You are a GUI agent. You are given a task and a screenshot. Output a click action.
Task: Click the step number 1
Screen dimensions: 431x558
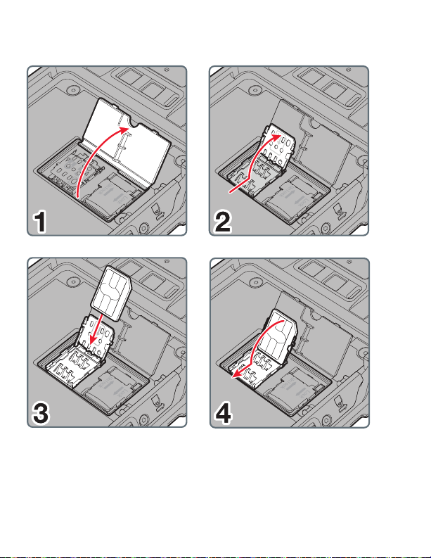point(40,222)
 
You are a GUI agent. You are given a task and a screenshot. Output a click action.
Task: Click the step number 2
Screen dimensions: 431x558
point(223,222)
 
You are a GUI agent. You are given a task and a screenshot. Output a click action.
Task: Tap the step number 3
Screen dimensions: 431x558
point(41,413)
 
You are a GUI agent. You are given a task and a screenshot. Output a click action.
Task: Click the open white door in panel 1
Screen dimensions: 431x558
point(127,141)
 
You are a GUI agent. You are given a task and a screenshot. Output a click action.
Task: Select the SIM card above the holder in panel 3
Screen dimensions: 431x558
point(111,294)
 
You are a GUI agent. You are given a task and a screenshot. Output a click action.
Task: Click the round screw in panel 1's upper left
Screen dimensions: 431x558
point(74,89)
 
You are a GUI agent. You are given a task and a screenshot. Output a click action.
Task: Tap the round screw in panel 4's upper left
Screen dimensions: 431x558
point(255,282)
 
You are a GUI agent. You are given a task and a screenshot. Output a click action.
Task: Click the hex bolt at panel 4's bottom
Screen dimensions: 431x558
point(326,419)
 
